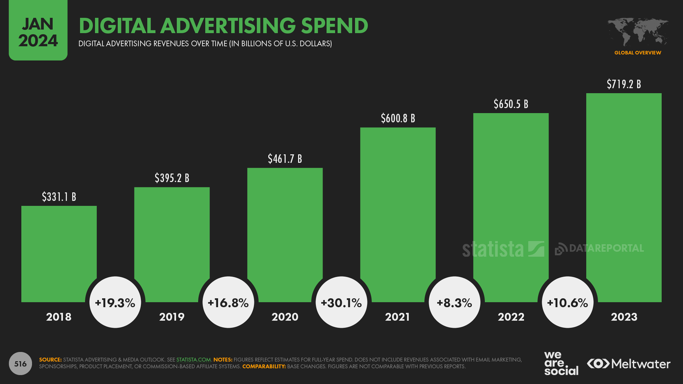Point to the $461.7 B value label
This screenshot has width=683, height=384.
pyautogui.click(x=285, y=159)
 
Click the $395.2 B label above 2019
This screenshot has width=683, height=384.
pyautogui.click(x=172, y=178)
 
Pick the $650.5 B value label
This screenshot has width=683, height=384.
pyautogui.click(x=511, y=104)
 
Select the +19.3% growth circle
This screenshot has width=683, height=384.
pyautogui.click(x=115, y=303)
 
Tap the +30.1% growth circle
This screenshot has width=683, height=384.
pyautogui.click(x=341, y=303)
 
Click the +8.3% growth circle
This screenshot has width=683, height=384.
pyautogui.click(x=454, y=303)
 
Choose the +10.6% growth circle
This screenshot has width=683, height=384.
pyautogui.click(x=567, y=303)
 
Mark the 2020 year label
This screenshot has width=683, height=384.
pyautogui.click(x=285, y=317)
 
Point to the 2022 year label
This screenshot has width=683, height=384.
pyautogui.click(x=511, y=317)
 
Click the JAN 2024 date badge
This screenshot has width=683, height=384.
pyautogui.click(x=38, y=32)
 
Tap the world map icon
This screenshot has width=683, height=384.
pyautogui.click(x=637, y=31)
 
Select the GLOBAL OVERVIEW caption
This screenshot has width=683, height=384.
pyautogui.click(x=637, y=53)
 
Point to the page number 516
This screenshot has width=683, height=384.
pyautogui.click(x=20, y=364)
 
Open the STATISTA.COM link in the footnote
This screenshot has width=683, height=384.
pyautogui.click(x=194, y=359)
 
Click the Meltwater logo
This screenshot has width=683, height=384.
pyautogui.click(x=628, y=364)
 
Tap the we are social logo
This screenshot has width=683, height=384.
pyautogui.click(x=561, y=363)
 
